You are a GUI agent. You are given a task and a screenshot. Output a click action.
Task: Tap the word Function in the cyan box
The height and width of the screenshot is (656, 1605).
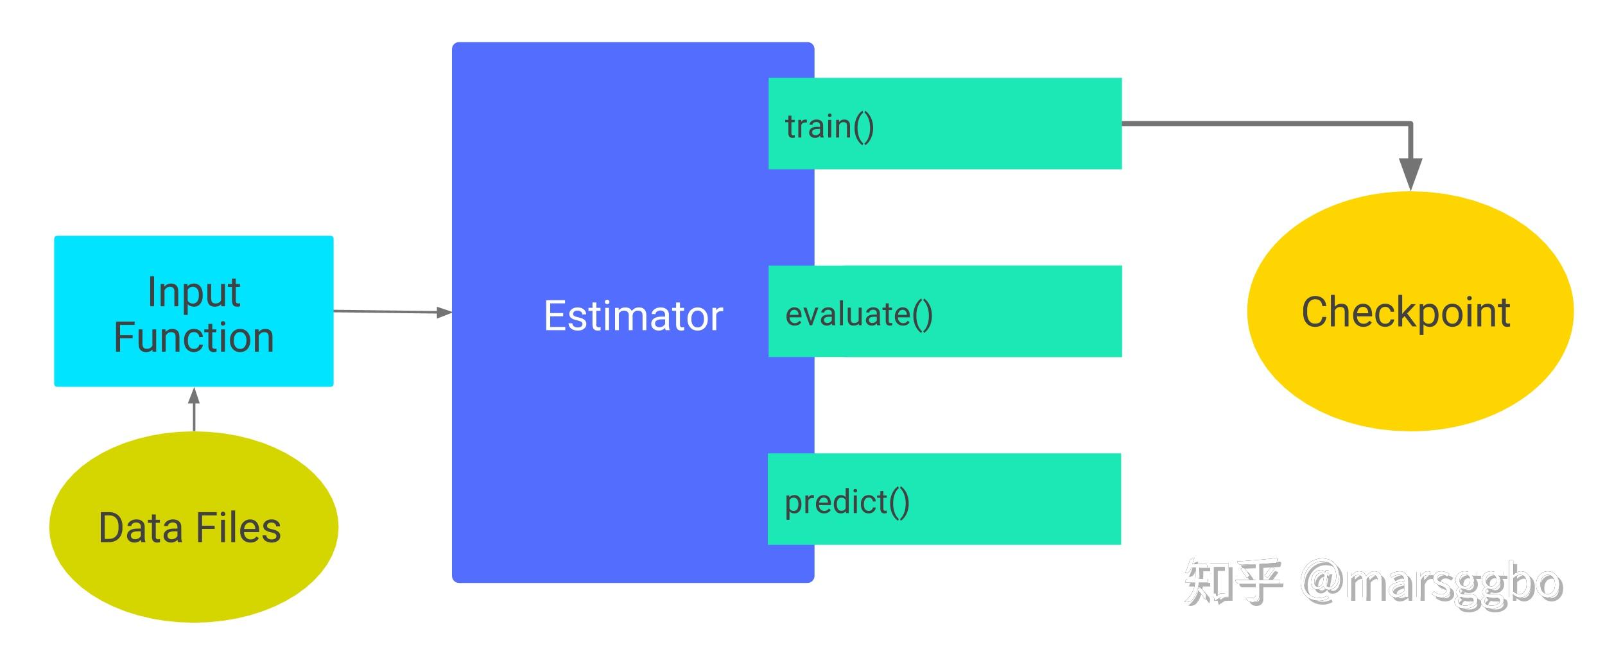[194, 338]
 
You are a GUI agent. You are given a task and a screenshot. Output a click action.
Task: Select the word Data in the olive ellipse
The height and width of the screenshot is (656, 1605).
[141, 528]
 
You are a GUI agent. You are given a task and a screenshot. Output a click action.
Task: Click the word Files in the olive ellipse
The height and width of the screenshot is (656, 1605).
[238, 528]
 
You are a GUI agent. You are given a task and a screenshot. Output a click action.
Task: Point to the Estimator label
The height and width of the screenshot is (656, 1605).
[633, 316]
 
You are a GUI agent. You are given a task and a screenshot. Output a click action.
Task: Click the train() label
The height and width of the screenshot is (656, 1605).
[829, 126]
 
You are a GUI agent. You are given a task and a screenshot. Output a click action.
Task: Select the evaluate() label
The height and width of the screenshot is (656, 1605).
[859, 315]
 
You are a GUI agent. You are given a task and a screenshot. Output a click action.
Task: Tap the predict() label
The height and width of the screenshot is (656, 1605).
[847, 503]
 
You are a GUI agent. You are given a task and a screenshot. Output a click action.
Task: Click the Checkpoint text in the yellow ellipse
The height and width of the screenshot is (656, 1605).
[1406, 313]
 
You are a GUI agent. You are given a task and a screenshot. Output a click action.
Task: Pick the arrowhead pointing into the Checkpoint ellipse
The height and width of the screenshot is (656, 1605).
[1410, 174]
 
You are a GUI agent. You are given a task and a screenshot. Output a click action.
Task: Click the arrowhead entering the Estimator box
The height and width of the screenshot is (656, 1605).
[444, 313]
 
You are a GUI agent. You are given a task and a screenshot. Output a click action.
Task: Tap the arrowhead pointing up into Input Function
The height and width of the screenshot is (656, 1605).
[194, 395]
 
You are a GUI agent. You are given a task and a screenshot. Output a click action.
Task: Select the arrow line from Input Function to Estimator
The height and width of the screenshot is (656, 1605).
[393, 312]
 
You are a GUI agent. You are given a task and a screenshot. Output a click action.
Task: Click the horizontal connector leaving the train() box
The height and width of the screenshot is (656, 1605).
[1266, 123]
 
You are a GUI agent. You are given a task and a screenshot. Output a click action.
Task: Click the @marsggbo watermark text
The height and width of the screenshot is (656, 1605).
[1432, 584]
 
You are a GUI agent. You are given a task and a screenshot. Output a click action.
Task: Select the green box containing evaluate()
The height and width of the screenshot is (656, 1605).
[945, 311]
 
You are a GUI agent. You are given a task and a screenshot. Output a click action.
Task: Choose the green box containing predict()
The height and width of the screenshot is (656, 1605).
[944, 499]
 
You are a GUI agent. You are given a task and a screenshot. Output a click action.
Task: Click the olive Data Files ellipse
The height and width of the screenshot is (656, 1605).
[194, 526]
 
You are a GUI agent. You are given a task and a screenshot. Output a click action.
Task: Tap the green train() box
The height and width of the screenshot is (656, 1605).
[945, 123]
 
